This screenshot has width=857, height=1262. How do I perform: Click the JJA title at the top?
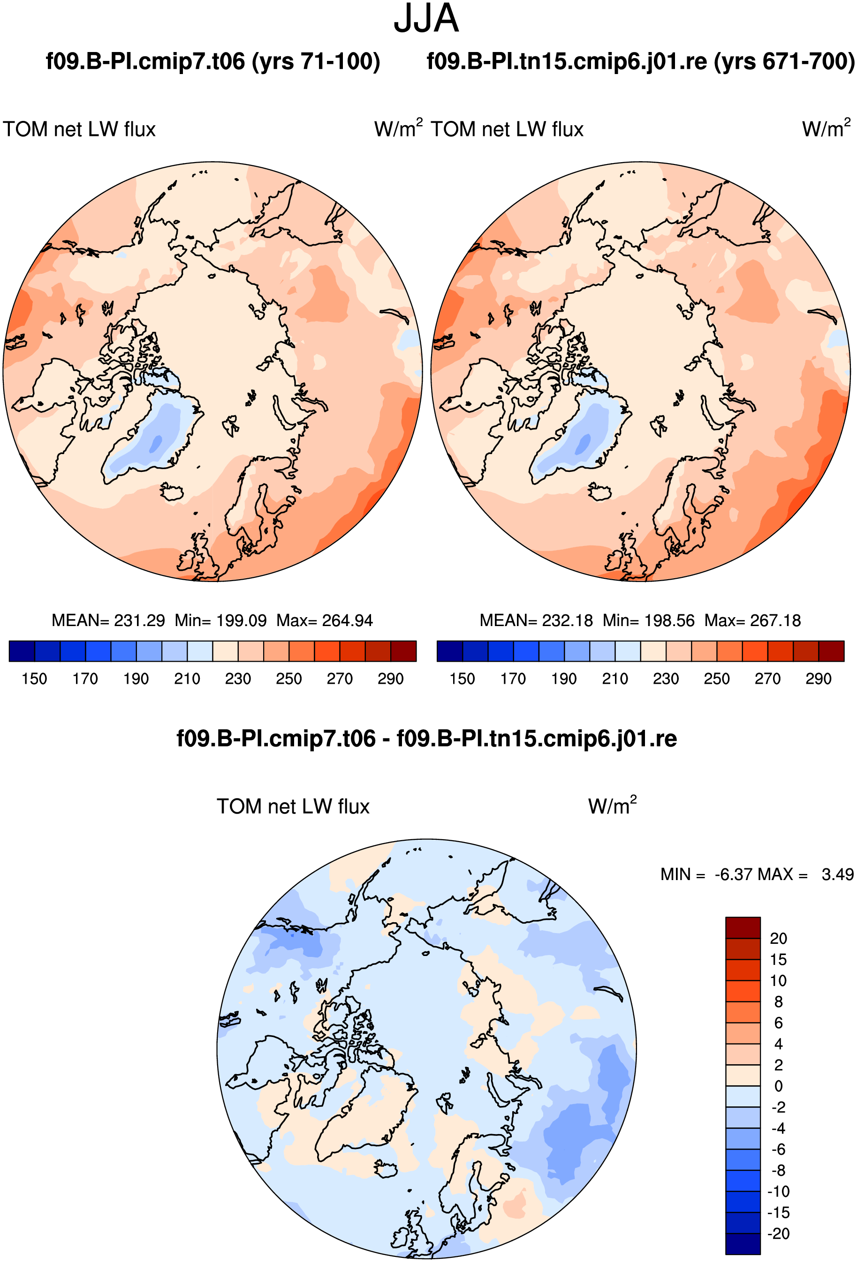tap(426, 19)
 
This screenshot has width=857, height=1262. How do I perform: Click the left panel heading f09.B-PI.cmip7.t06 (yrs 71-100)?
tap(213, 61)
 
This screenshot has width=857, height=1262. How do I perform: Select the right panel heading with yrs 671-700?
tap(641, 61)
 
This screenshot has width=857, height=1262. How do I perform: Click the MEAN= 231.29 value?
tap(108, 620)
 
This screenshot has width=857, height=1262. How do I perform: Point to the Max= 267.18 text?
tap(753, 620)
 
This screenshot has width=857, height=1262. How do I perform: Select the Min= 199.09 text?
tap(220, 620)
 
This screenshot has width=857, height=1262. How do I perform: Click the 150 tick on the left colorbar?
tap(34, 679)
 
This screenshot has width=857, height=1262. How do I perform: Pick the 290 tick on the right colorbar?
tap(819, 679)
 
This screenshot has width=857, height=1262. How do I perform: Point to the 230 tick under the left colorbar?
tap(238, 679)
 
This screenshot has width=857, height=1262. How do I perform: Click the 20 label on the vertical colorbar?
tap(778, 938)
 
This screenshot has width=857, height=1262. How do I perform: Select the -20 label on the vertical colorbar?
tap(778, 1233)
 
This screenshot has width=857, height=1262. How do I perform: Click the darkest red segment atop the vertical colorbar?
tap(743, 927)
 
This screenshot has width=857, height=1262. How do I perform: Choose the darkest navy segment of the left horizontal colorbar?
tap(22, 651)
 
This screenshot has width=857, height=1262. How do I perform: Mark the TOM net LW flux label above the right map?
tap(507, 129)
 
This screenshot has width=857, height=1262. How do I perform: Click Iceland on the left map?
tap(172, 492)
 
